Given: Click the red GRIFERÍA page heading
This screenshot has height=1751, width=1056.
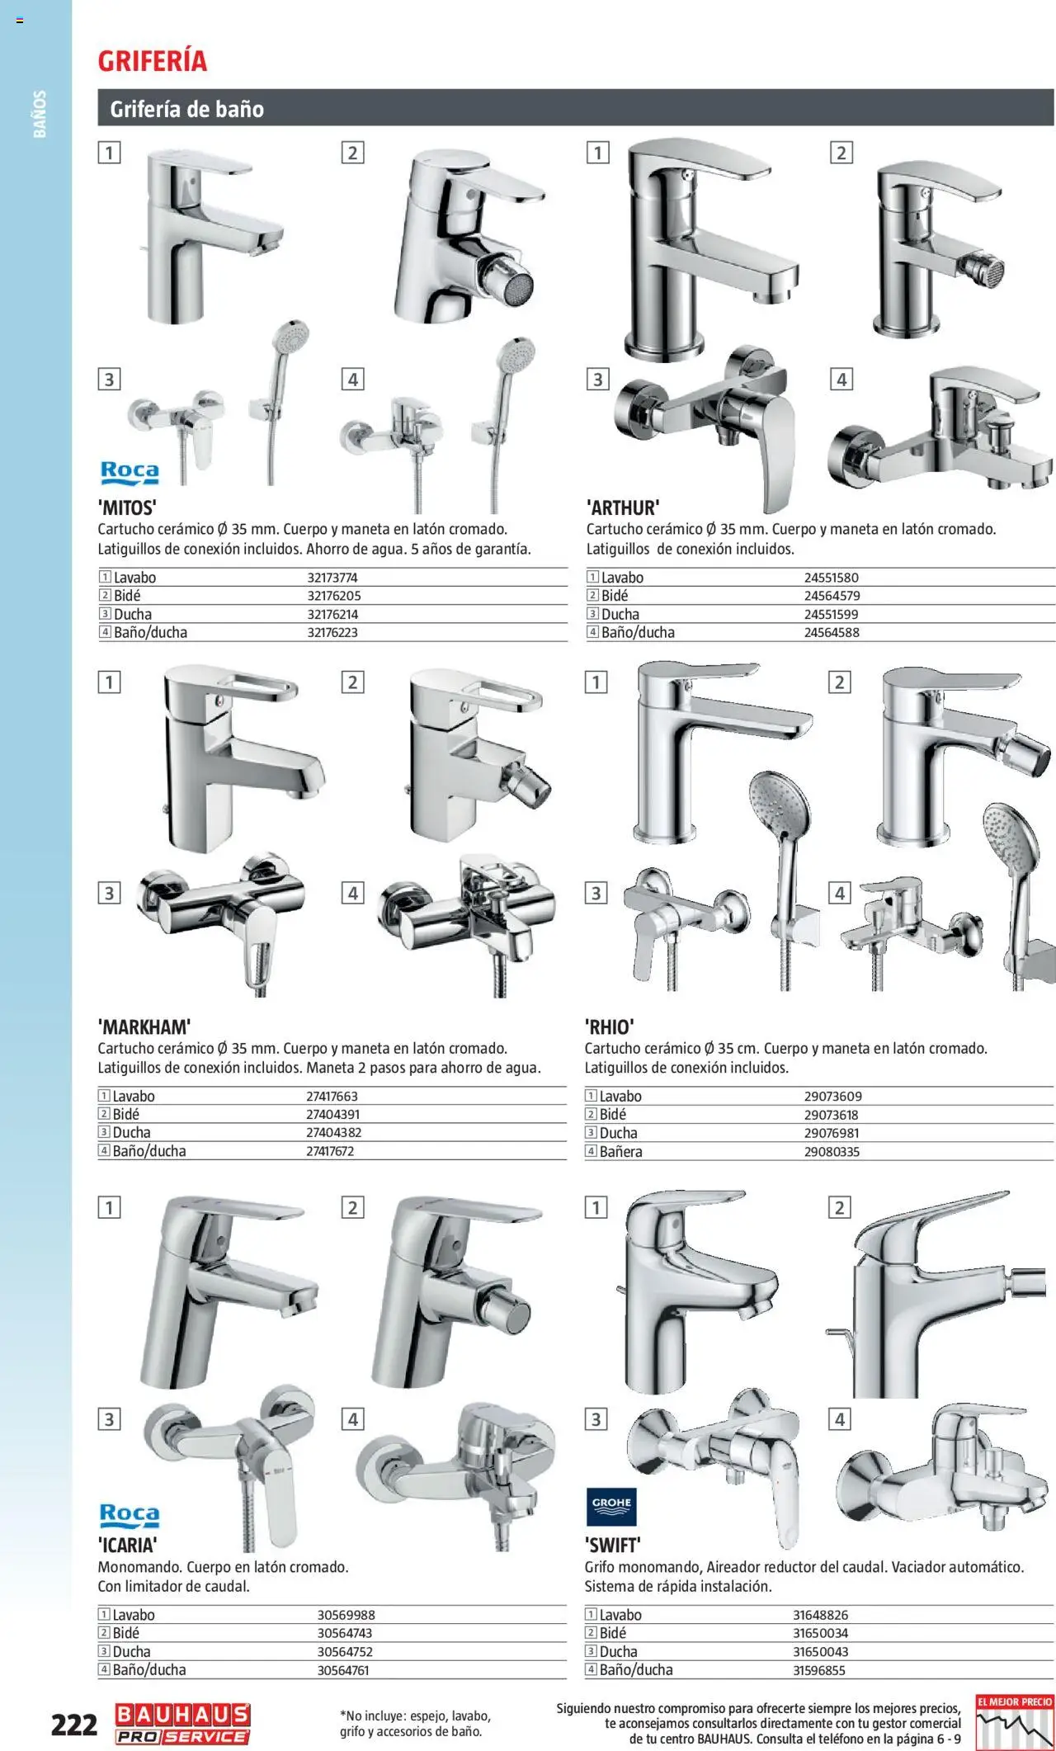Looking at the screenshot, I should pos(153,61).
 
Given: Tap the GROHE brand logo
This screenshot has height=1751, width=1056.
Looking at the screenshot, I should pos(611,1503).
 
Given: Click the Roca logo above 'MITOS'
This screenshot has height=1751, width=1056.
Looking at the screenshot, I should pos(129,472).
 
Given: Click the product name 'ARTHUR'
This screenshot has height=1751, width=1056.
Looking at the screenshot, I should pos(623,507).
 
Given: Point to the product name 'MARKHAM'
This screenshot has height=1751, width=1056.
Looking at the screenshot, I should pos(144,1027).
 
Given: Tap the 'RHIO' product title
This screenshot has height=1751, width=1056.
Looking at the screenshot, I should pos(609,1027).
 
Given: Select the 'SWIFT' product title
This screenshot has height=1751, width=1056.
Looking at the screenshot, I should pos(612,1546).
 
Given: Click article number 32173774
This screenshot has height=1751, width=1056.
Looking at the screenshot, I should pos(332,578).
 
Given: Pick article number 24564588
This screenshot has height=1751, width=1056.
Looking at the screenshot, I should pos(832,633).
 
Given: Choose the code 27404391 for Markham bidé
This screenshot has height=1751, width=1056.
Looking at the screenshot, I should pos(332,1114).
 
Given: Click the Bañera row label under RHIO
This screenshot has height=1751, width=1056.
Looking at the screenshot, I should pos(620,1152).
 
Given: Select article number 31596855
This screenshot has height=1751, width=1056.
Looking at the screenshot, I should pos(820,1670).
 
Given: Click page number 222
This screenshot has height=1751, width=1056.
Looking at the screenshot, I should pos(74,1725).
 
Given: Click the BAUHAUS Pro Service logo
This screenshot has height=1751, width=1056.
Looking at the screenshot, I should pos(182,1724).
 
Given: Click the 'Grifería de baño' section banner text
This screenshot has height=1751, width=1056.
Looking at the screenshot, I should pos(187,109).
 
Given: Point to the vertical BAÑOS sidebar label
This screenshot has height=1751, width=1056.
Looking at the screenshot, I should pos(40,114).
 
